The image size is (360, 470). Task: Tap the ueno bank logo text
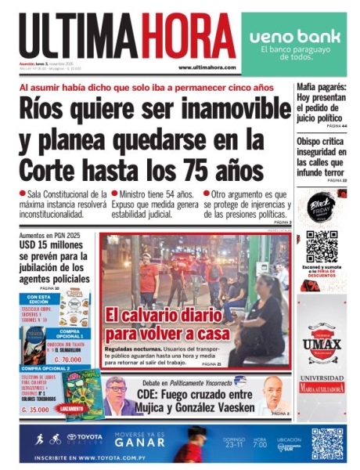[290, 37]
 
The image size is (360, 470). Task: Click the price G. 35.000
[37, 409]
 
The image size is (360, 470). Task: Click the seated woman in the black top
[262, 321]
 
